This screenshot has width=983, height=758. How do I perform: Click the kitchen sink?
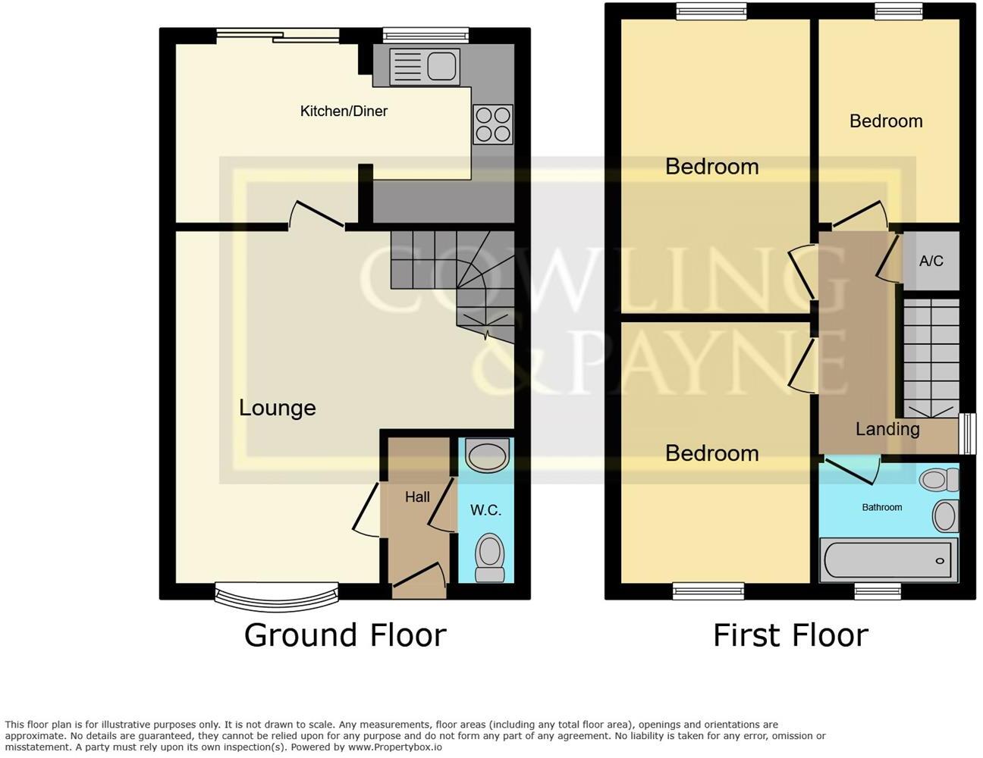click(424, 67)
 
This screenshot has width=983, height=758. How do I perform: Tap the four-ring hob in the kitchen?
click(492, 124)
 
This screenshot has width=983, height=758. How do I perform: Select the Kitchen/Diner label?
click(344, 111)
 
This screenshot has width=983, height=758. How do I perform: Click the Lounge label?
click(277, 408)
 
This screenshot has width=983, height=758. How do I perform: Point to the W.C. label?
click(485, 510)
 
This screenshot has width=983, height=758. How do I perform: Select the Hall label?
click(417, 497)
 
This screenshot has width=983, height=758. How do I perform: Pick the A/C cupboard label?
click(931, 262)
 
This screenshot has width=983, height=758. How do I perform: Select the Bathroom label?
click(881, 507)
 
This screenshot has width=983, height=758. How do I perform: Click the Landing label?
click(887, 429)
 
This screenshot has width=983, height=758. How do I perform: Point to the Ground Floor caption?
click(345, 635)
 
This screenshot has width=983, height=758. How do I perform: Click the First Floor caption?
click(790, 635)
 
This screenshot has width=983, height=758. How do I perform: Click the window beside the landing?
click(966, 434)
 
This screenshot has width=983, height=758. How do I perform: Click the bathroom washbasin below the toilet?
click(945, 516)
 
